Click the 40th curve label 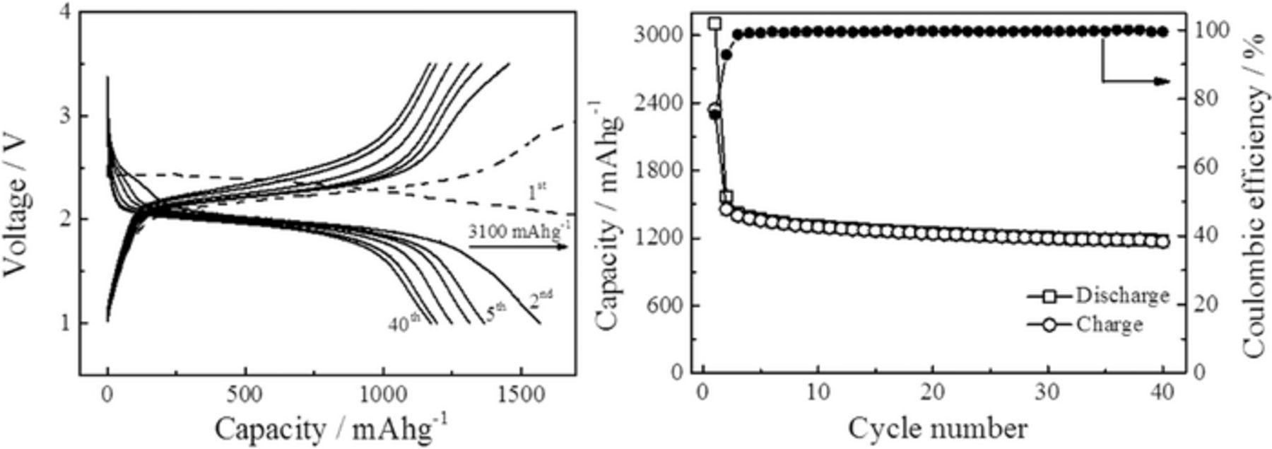point(404,323)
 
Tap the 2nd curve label point(541,301)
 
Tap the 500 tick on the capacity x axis point(245,395)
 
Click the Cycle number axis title point(938,428)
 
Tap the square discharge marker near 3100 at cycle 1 point(714,23)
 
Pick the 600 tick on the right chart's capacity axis point(668,305)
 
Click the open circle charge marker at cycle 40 point(1162,242)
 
